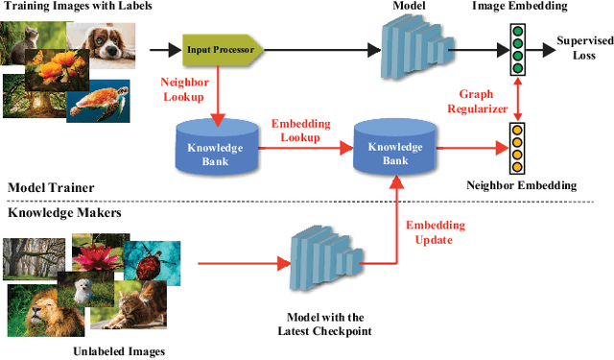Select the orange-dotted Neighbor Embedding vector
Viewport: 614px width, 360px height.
point(518,145)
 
